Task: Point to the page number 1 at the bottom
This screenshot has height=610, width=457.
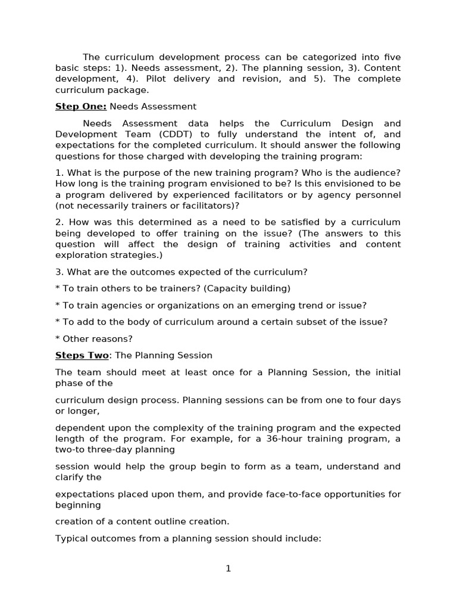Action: tap(228, 569)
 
